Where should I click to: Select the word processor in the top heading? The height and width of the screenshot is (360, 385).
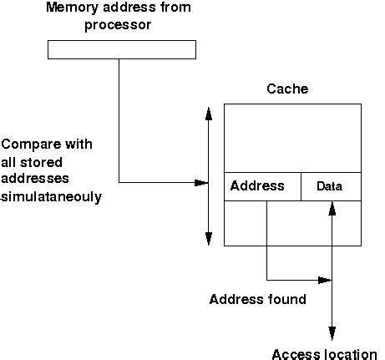(121, 25)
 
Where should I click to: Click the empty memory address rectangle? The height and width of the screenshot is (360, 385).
(121, 50)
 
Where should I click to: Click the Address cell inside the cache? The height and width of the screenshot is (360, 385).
(257, 186)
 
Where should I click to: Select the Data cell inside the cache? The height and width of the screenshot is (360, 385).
(330, 187)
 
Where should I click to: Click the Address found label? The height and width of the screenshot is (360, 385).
(258, 299)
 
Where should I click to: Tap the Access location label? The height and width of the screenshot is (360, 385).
(325, 353)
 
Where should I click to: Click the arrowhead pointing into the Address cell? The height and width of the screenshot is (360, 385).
(202, 182)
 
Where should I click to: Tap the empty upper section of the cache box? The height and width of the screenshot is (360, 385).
(292, 138)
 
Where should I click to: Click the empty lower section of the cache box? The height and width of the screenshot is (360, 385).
(292, 223)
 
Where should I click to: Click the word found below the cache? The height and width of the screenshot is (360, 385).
(286, 299)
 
